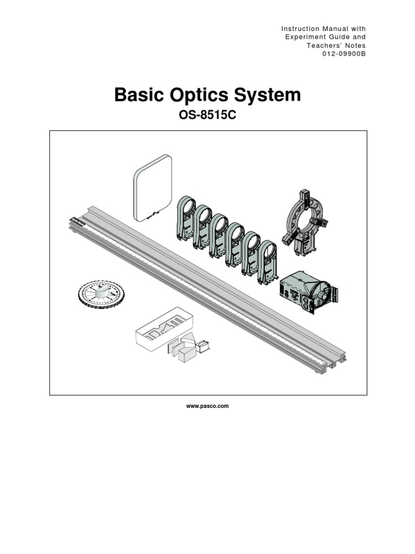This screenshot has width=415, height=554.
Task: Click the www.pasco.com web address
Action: [207, 406]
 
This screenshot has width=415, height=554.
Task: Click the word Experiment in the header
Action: [306, 37]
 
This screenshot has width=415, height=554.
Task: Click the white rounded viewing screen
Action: [152, 188]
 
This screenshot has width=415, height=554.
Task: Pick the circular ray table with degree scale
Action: [101, 294]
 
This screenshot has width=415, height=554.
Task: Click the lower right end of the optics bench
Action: [335, 364]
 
